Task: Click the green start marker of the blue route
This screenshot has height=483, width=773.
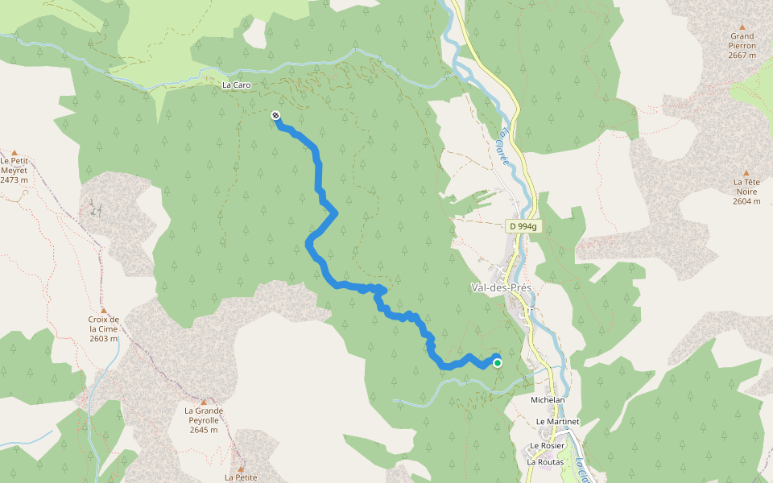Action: click(498, 363)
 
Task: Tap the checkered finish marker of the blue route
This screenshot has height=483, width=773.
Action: click(276, 116)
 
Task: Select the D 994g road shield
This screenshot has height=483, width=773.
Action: click(523, 227)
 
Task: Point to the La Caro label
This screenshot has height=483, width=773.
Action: click(237, 84)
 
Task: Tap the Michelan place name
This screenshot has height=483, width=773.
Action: click(548, 400)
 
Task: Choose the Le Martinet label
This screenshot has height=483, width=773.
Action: click(557, 421)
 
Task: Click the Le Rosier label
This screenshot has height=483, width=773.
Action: click(547, 446)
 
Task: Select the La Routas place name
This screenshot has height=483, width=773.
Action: click(545, 462)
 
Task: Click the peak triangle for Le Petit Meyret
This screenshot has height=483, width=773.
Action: click(14, 152)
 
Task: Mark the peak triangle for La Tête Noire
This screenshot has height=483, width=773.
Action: click(746, 173)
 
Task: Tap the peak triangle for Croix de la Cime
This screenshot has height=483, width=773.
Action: click(103, 311)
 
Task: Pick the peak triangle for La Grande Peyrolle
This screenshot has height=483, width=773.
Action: click(204, 402)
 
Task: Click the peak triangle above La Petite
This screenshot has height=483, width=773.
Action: click(240, 468)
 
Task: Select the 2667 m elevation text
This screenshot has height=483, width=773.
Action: click(742, 56)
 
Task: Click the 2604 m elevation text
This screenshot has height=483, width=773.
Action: click(746, 201)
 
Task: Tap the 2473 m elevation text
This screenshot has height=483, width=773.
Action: click(14, 180)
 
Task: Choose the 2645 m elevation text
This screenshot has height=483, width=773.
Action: click(204, 430)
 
